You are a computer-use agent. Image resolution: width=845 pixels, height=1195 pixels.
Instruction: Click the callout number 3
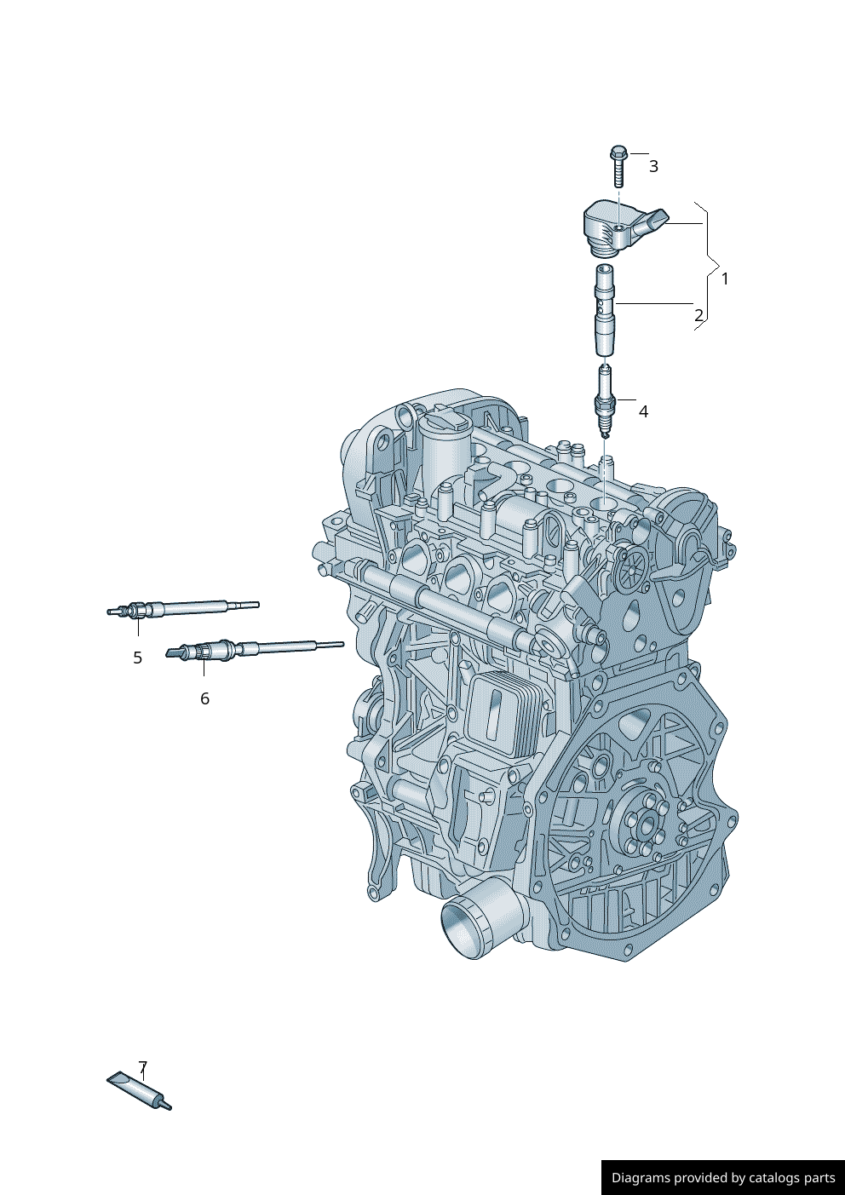[x=653, y=166]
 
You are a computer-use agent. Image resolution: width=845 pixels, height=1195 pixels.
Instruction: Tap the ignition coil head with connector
[x=623, y=228]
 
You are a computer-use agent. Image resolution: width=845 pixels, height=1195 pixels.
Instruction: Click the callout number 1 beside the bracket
[x=724, y=279]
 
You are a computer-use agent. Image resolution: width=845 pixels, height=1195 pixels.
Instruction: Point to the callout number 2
[x=698, y=315]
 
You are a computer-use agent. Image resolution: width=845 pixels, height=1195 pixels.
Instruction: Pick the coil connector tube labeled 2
[x=605, y=309]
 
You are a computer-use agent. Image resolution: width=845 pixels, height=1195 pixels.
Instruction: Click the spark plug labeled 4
[x=605, y=401]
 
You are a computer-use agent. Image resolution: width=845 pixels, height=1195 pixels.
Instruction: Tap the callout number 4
[x=643, y=412]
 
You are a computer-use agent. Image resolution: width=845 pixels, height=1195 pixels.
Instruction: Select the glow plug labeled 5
[x=183, y=609]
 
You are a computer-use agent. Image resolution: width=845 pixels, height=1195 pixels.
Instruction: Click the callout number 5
[x=138, y=658]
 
